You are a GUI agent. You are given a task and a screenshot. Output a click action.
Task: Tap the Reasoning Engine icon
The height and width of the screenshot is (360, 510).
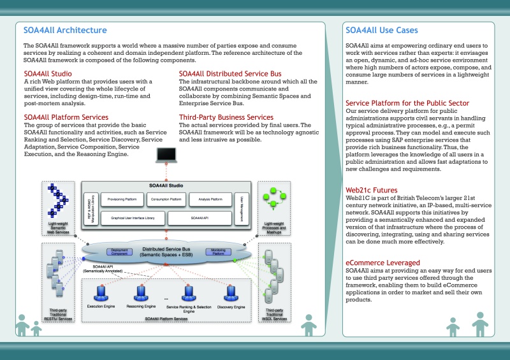click(x=142, y=293)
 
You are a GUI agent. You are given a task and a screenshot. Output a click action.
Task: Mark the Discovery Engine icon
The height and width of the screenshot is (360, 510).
click(x=230, y=293)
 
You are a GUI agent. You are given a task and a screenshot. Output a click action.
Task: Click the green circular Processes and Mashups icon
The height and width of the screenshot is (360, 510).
click(x=273, y=198)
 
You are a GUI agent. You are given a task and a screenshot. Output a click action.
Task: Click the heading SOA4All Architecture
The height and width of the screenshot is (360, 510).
click(x=65, y=30)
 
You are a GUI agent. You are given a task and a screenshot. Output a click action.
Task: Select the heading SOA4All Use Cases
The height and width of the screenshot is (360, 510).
click(x=382, y=30)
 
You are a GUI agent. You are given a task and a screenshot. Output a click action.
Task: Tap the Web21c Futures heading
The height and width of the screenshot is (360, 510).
click(x=372, y=190)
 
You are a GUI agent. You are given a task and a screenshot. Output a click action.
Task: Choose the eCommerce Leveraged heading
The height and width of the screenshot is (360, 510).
click(x=382, y=263)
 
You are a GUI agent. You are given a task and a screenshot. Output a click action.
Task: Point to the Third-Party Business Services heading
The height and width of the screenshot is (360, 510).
click(x=226, y=117)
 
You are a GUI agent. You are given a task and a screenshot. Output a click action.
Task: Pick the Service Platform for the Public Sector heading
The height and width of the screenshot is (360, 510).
click(x=407, y=103)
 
